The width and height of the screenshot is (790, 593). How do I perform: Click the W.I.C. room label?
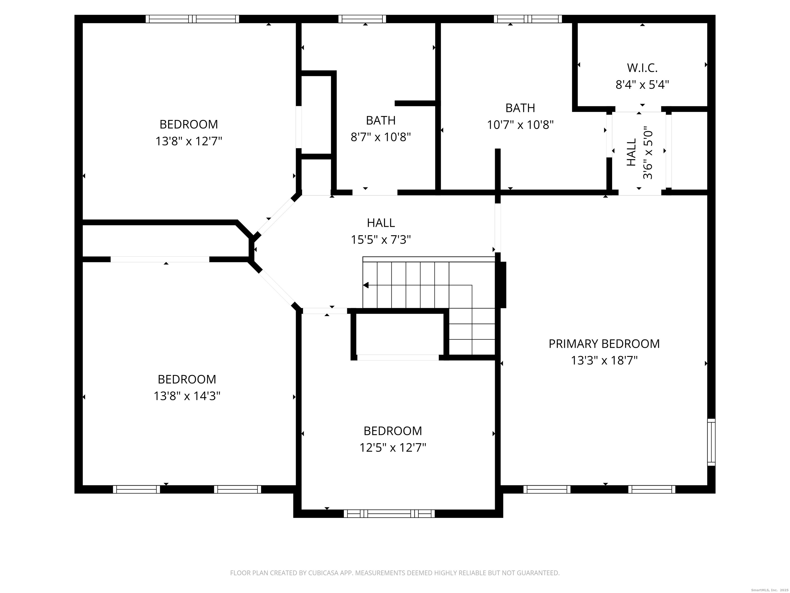[642, 67]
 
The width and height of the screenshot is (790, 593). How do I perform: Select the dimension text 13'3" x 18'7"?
[604, 360]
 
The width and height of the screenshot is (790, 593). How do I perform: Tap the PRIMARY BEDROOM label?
[604, 344]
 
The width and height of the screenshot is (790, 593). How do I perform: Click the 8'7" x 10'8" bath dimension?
[380, 137]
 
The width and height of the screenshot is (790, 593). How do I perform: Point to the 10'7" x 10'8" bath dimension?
[520, 125]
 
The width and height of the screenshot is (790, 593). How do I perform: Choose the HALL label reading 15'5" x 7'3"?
[381, 223]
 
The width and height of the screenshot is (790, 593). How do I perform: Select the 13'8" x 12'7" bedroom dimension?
[188, 141]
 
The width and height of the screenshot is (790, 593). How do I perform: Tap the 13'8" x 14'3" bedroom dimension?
[187, 396]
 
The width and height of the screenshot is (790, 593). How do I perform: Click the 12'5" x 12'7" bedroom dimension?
[392, 448]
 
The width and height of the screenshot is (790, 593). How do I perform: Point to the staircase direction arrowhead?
[366, 285]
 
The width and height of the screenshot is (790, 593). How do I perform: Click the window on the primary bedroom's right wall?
[711, 442]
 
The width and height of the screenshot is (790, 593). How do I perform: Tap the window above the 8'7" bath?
[362, 19]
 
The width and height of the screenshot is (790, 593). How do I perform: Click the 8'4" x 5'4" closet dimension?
[642, 85]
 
